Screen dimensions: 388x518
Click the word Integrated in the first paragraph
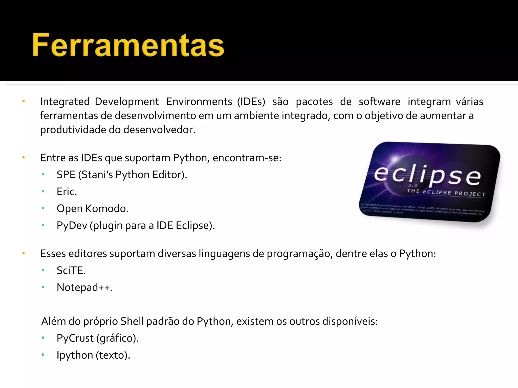pos(65,102)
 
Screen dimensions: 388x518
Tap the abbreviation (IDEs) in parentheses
pos(251,102)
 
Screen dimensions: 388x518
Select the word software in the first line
pos(379,102)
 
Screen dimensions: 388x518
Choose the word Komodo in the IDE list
pos(107,209)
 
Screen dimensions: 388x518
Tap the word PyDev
pos(72,226)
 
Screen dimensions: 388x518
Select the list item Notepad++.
pos(84,287)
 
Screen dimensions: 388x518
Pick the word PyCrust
pos(75,338)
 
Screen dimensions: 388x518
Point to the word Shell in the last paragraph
pos(132,321)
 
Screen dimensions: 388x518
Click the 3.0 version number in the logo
pos(413,185)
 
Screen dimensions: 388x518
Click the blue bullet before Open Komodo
pos(43,208)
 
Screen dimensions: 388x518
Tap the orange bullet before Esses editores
pos(24,253)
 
